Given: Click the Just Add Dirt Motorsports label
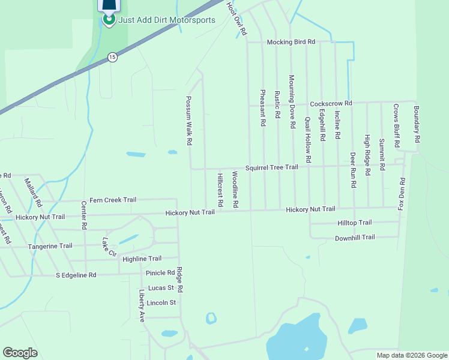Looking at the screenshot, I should [166, 19].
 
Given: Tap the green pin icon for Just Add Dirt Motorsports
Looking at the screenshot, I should [109, 19].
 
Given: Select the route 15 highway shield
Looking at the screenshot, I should [112, 57].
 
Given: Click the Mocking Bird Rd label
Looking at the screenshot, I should [291, 42].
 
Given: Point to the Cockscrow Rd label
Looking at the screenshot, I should [330, 103].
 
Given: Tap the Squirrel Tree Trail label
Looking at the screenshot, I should [271, 167].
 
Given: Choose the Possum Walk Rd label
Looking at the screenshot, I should [188, 121].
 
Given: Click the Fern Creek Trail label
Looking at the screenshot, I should [113, 200].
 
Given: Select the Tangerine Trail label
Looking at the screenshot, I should [50, 246].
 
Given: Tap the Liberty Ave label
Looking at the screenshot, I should [142, 306].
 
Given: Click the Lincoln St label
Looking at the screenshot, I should [161, 302].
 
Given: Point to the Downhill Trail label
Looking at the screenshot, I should [354, 238].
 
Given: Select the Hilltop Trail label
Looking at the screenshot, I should [355, 223].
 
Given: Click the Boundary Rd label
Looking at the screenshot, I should [417, 124].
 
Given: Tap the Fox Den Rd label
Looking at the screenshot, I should [402, 194].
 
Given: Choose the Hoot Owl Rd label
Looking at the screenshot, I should [237, 18].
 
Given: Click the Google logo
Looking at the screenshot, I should [20, 353].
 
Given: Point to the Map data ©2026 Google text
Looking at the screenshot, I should [411, 355].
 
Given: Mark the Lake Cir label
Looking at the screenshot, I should [109, 247].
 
